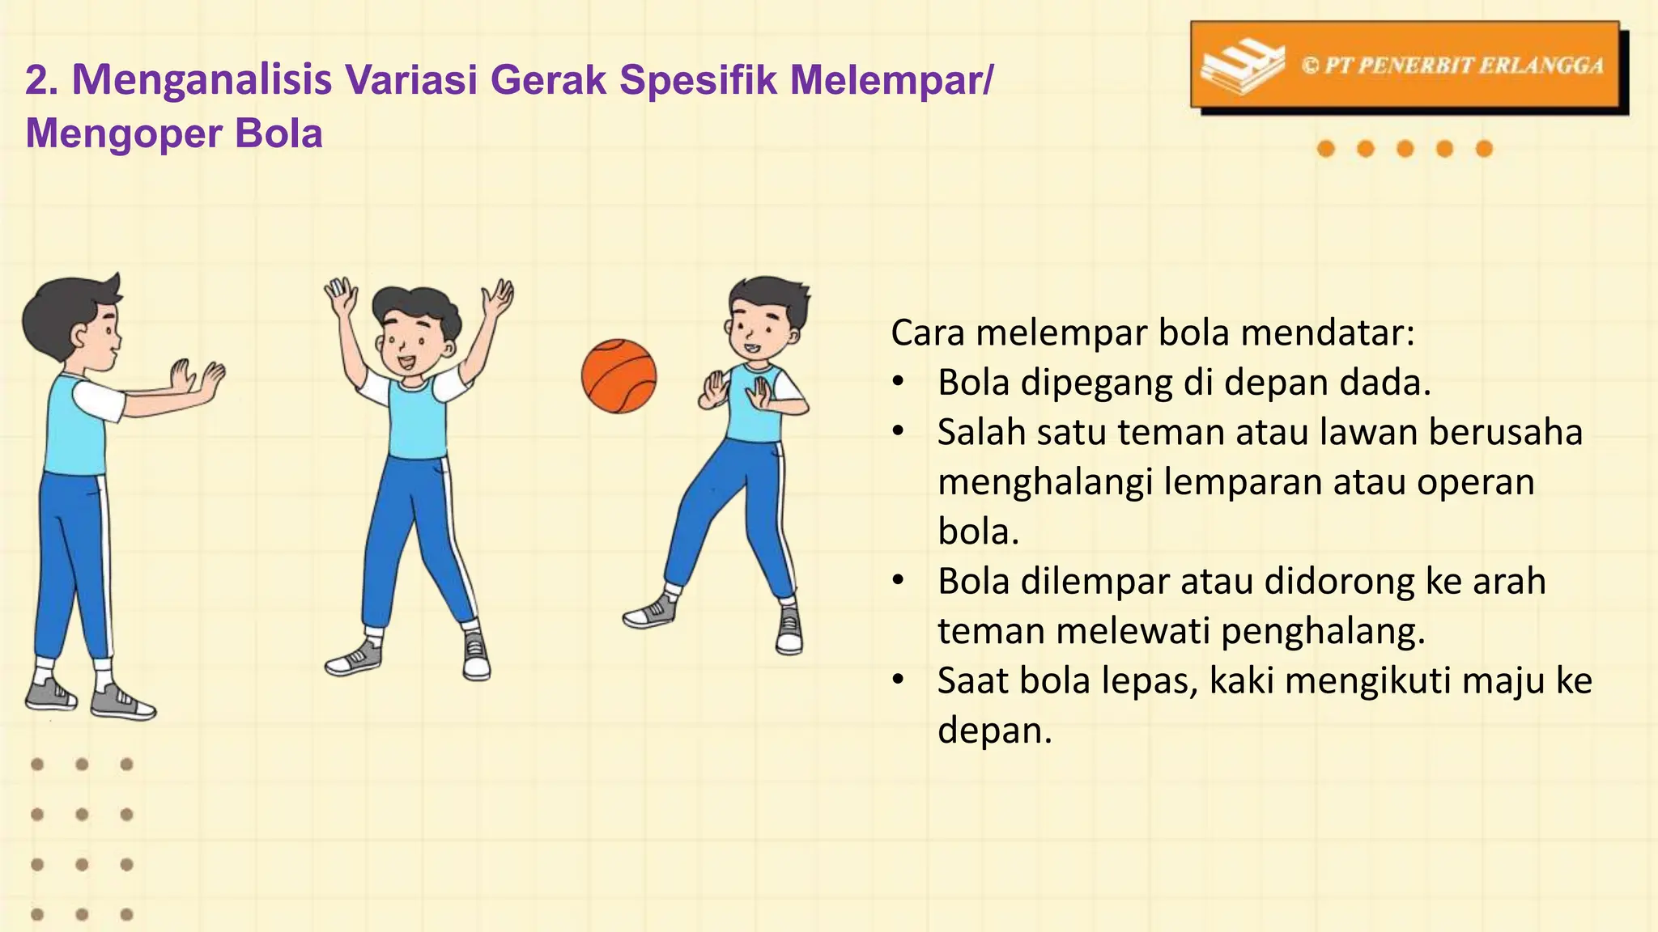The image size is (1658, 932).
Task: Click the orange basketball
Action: (x=619, y=376)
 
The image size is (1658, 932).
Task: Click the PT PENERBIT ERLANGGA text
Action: (x=1452, y=66)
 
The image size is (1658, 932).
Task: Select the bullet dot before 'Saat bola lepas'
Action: (x=897, y=680)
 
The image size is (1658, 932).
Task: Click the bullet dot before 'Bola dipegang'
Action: (x=897, y=383)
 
